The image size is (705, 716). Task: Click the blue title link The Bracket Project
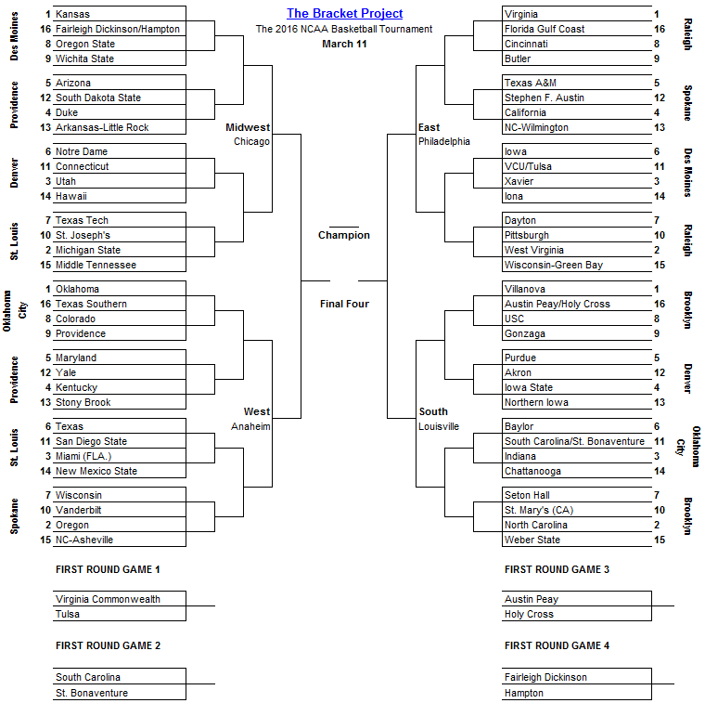(344, 13)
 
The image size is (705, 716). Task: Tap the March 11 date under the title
(344, 44)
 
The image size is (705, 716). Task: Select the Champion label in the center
(344, 235)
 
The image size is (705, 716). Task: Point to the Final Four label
(344, 304)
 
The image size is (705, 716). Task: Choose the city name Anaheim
(250, 426)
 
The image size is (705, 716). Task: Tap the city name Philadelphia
(444, 142)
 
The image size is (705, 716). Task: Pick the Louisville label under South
(439, 426)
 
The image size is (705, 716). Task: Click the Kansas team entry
(72, 15)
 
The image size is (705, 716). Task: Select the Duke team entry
(67, 112)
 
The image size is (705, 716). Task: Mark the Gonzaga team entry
(525, 333)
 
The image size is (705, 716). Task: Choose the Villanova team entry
(526, 289)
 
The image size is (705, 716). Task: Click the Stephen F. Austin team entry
(544, 98)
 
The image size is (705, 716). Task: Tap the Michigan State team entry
(88, 250)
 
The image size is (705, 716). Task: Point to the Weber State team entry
(532, 540)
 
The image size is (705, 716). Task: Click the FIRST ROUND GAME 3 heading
(557, 569)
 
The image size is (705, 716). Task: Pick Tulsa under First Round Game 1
(68, 614)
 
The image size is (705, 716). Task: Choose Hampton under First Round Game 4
(525, 693)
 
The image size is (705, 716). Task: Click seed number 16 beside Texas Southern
(46, 304)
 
